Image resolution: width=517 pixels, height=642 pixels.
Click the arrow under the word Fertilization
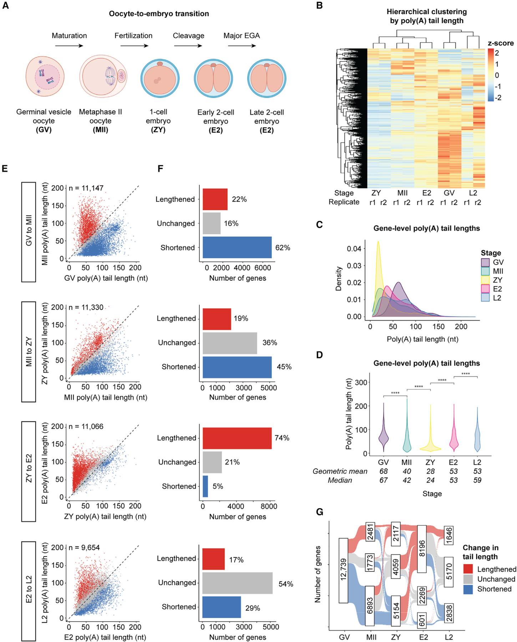[x=134, y=46]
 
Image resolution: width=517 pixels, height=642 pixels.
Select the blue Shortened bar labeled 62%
[x=237, y=247]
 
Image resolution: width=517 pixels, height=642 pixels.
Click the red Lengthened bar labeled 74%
[x=237, y=438]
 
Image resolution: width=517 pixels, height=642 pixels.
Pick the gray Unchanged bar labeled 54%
[x=237, y=582]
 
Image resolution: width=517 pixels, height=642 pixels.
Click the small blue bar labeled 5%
[x=205, y=486]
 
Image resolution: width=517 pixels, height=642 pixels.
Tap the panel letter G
[x=320, y=512]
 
